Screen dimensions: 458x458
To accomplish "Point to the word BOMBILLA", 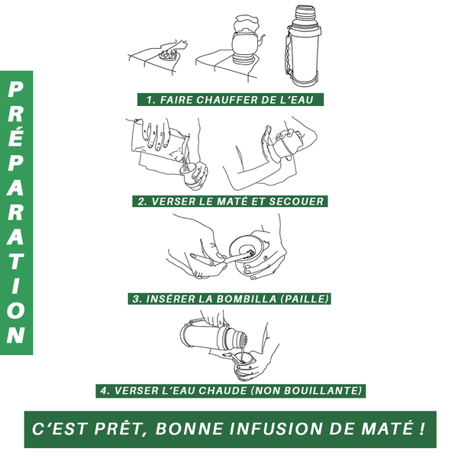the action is coord(247,298).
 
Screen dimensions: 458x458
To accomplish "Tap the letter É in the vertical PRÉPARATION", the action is coord(16,135).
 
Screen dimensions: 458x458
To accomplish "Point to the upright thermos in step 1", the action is coord(303,46).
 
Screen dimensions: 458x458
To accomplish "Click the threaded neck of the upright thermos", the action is coord(305,14).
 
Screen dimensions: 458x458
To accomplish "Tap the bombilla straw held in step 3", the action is coord(225,259).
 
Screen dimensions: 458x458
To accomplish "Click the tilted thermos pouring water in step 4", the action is coord(214,337).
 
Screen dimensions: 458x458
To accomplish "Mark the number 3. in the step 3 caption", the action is coord(137,298).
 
